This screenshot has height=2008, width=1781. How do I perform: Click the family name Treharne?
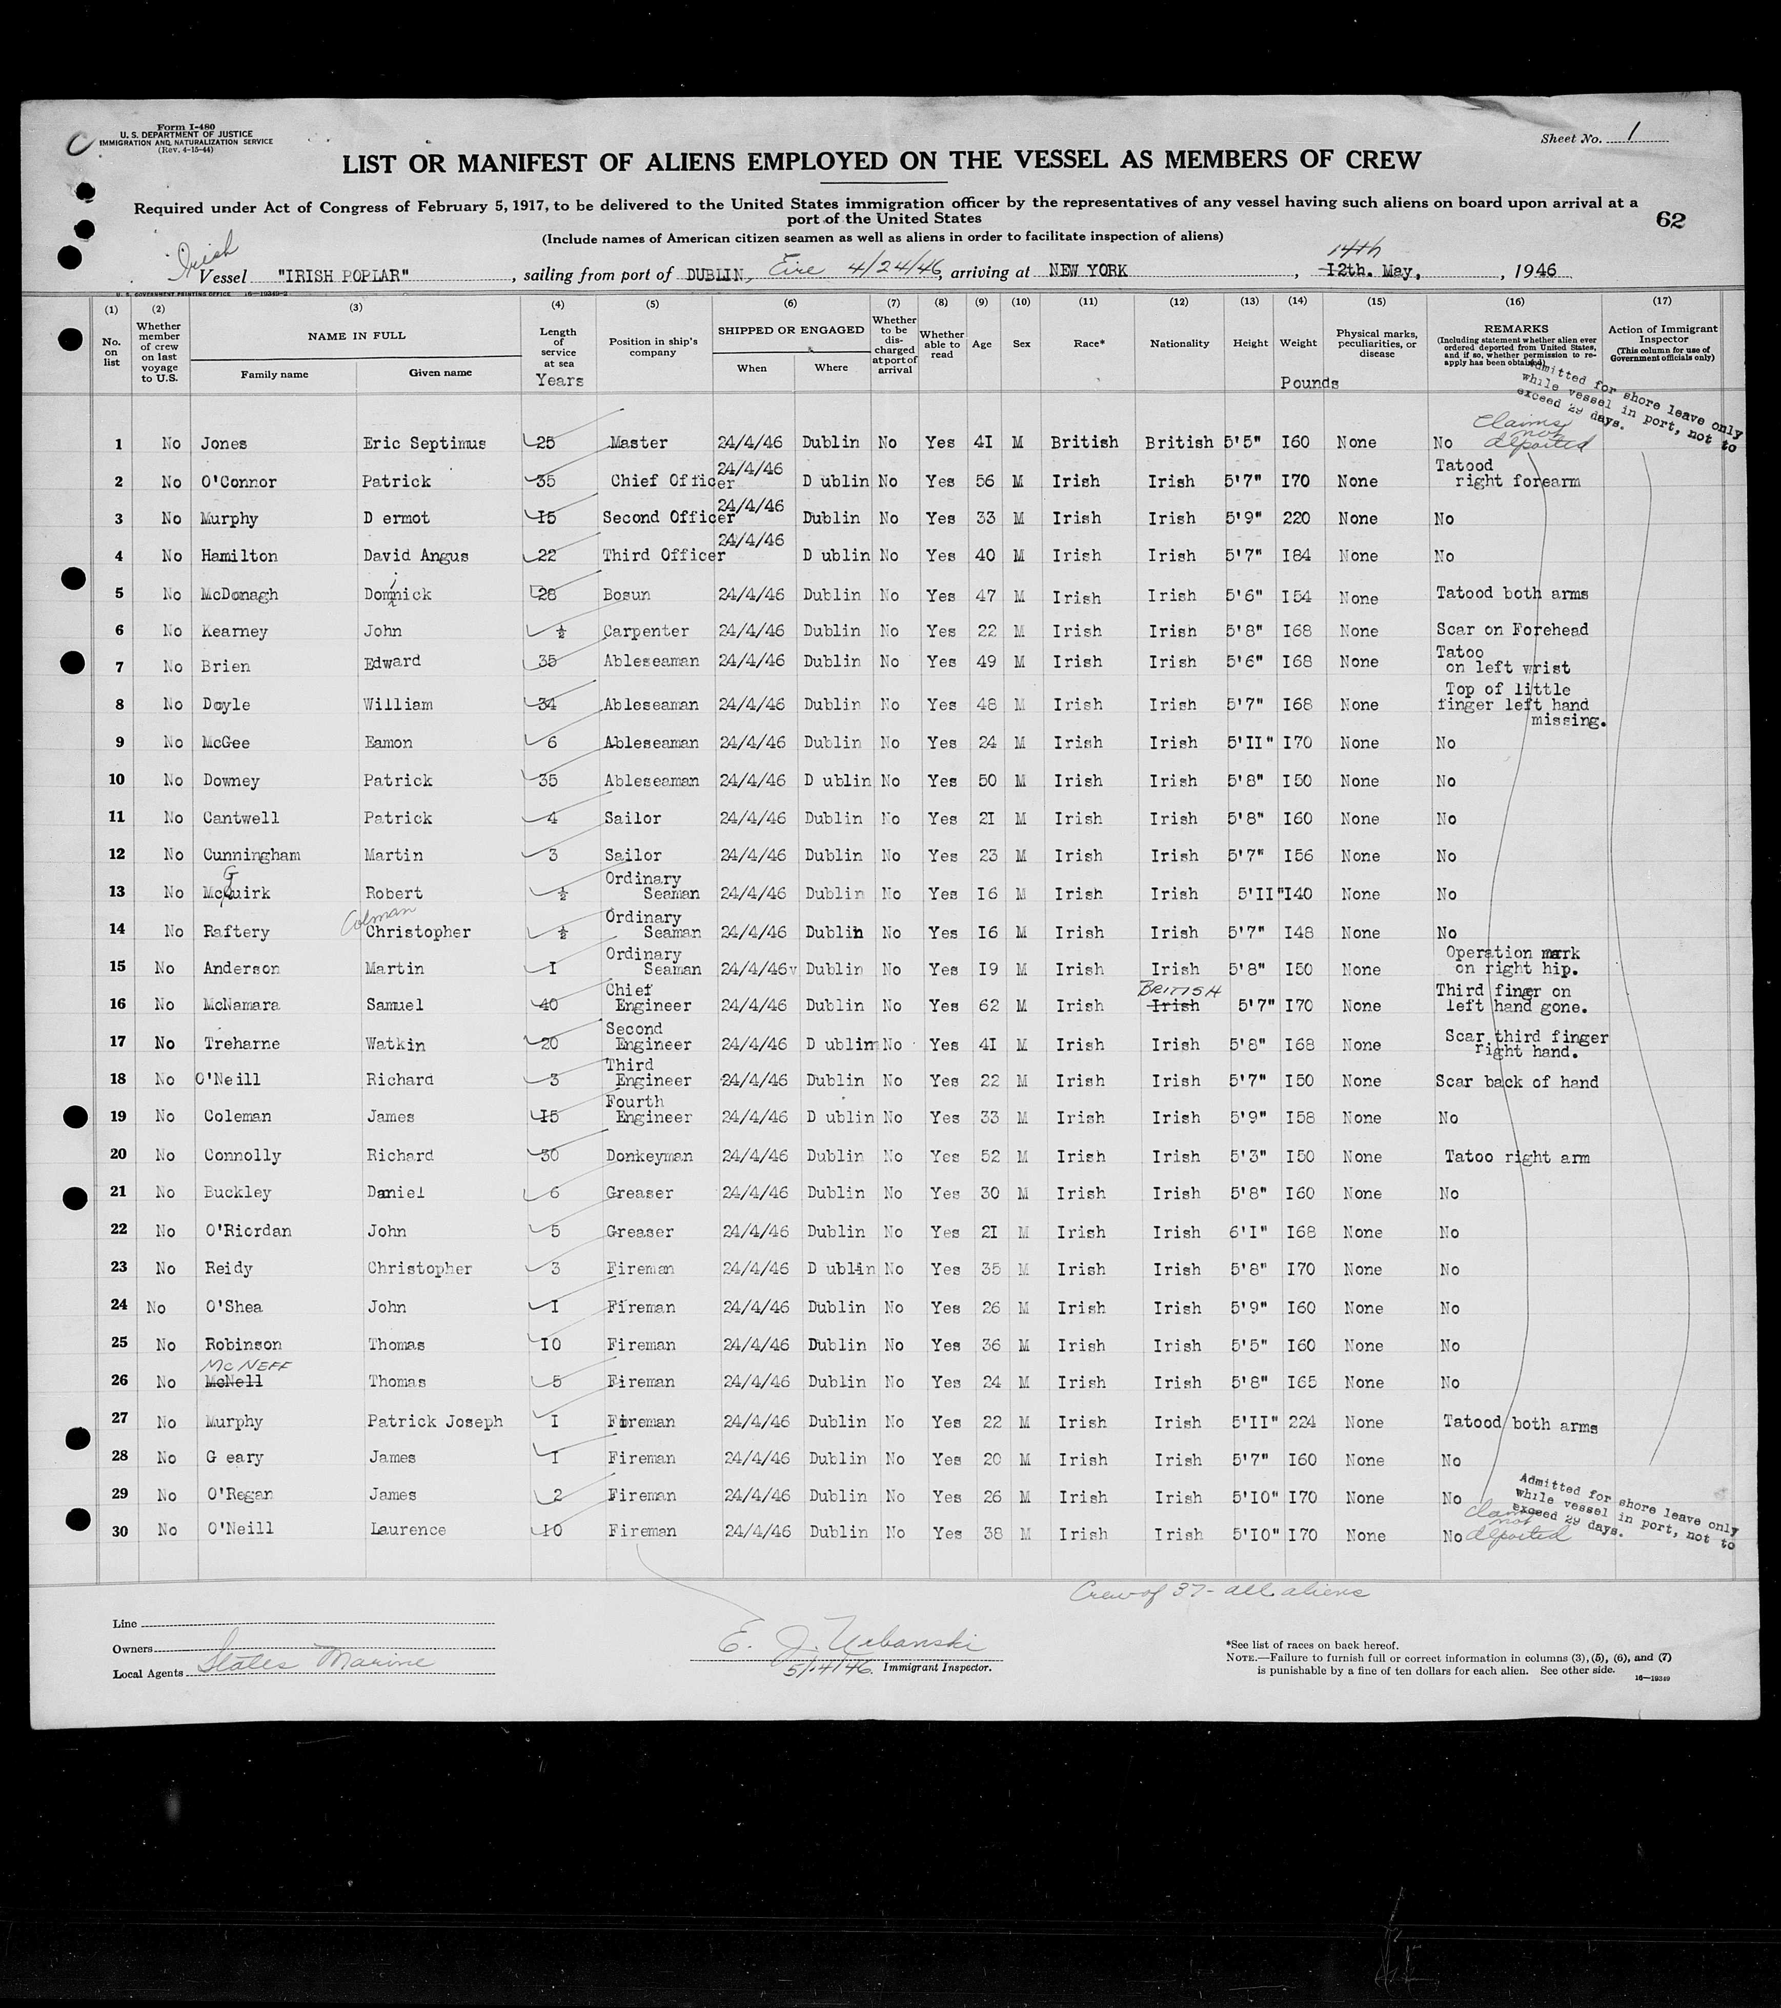tap(241, 1043)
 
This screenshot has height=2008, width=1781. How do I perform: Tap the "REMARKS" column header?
tap(1515, 329)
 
